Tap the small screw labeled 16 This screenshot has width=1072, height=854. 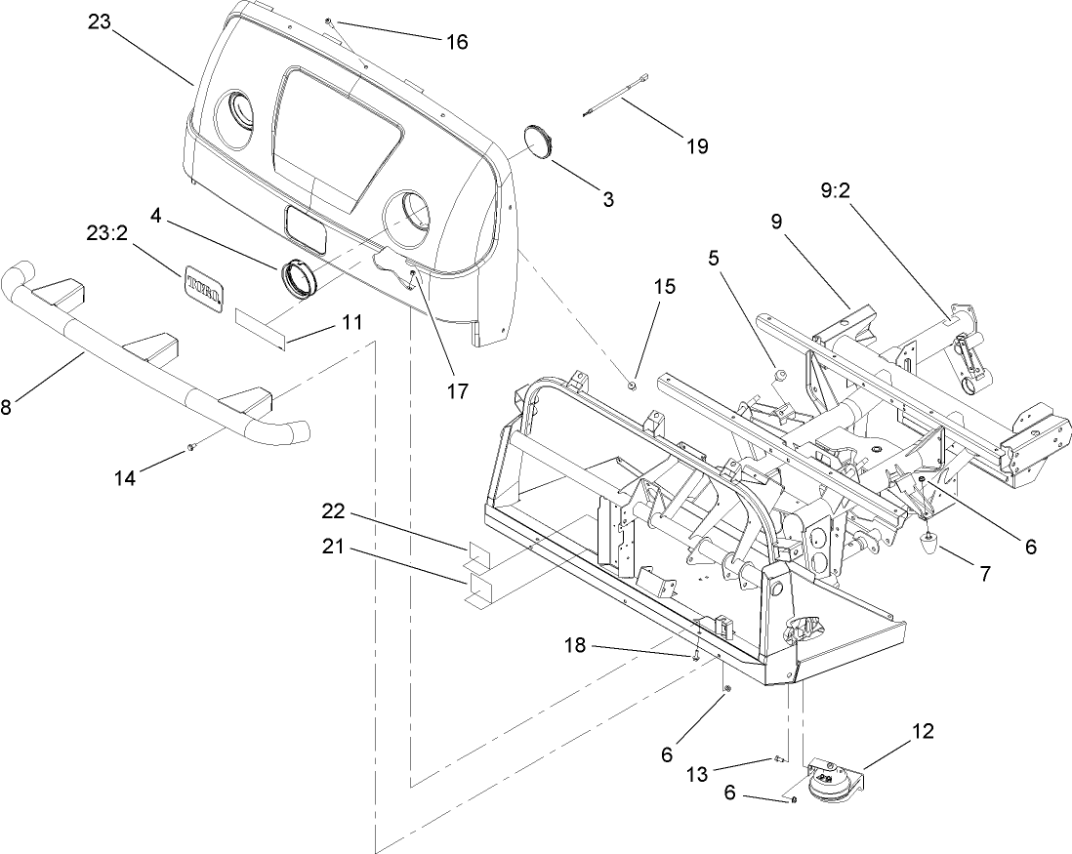point(332,20)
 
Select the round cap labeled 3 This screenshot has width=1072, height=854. point(538,140)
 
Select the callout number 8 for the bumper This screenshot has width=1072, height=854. point(7,407)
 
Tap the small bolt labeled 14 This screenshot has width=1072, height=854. point(191,447)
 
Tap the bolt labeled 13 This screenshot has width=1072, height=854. point(779,758)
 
